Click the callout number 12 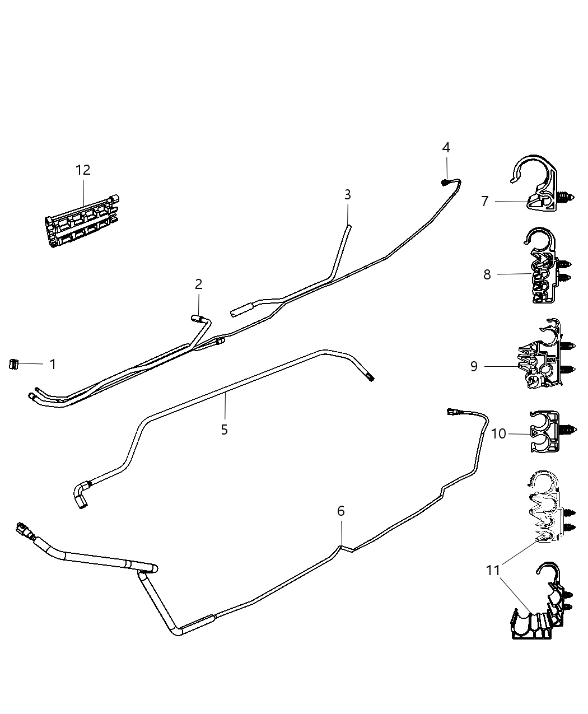(x=83, y=170)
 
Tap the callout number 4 (x=446, y=148)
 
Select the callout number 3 (x=348, y=195)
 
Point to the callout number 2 (x=198, y=284)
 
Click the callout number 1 (x=53, y=365)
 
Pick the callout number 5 (x=224, y=430)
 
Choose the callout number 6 (x=340, y=511)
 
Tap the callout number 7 (x=485, y=201)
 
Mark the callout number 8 (x=487, y=274)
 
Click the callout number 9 (x=474, y=366)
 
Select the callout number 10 (x=498, y=433)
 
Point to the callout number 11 (x=493, y=571)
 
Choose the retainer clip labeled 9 (x=543, y=356)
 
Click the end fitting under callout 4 (x=443, y=181)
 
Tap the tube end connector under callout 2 (x=196, y=318)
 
